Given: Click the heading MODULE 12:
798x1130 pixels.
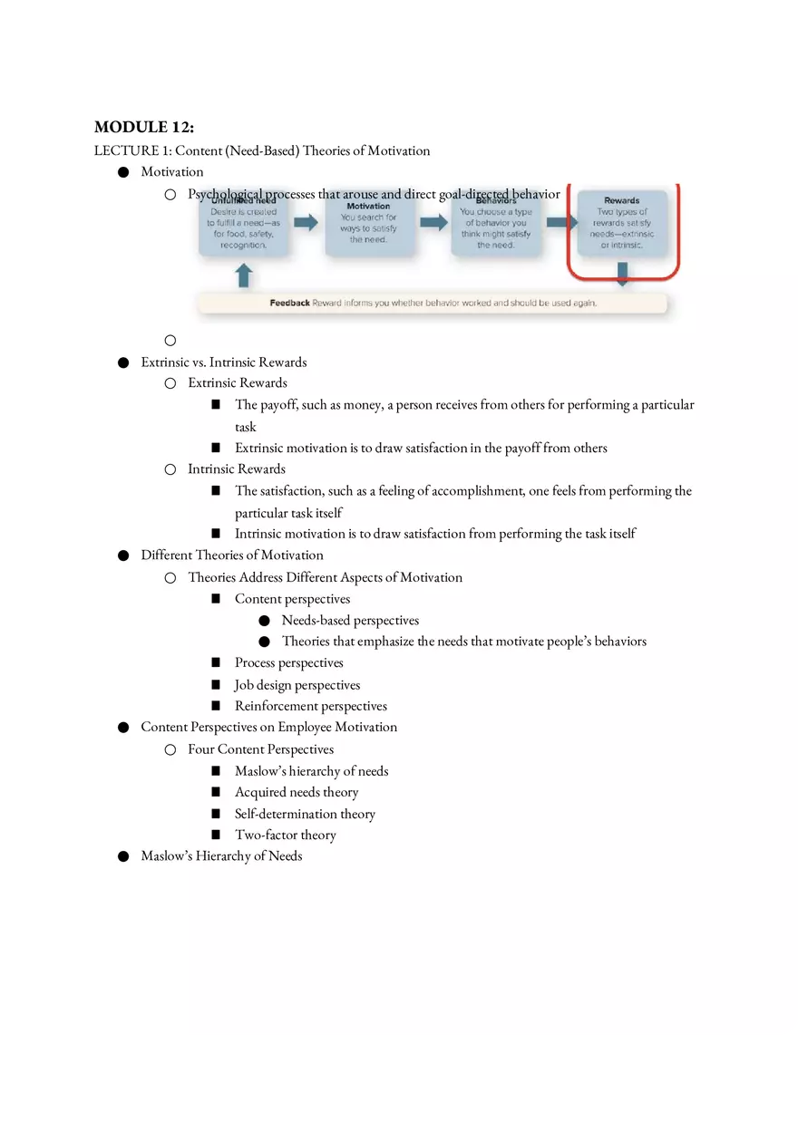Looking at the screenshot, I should pyautogui.click(x=144, y=127).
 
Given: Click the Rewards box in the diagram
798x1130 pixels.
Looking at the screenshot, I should pyautogui.click(x=621, y=223).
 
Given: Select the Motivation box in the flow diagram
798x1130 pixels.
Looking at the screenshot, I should pyautogui.click(x=368, y=223).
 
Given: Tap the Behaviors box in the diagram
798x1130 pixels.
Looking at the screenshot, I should pyautogui.click(x=495, y=223).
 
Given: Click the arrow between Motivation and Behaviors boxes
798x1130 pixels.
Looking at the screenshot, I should pyautogui.click(x=433, y=223).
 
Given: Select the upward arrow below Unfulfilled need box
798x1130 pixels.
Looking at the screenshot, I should pyautogui.click(x=243, y=275).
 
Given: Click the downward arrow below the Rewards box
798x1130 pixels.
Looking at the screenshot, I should pyautogui.click(x=622, y=275).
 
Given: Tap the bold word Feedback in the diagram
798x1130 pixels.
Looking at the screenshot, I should pyautogui.click(x=289, y=303).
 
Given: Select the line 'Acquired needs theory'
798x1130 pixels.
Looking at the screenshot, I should pyautogui.click(x=297, y=792).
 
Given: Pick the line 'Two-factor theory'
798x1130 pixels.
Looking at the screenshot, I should pyautogui.click(x=285, y=835).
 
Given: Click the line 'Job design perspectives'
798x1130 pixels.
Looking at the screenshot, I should pyautogui.click(x=297, y=685).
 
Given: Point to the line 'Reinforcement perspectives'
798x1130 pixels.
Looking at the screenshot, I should pyautogui.click(x=310, y=706).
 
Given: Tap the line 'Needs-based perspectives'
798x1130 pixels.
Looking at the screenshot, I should pyautogui.click(x=350, y=621).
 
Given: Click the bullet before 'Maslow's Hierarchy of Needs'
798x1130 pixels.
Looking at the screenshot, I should pyautogui.click(x=122, y=856).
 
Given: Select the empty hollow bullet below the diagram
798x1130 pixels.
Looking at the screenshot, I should pyautogui.click(x=170, y=341).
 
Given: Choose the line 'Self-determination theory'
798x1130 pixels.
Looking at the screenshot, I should pyautogui.click(x=305, y=814).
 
